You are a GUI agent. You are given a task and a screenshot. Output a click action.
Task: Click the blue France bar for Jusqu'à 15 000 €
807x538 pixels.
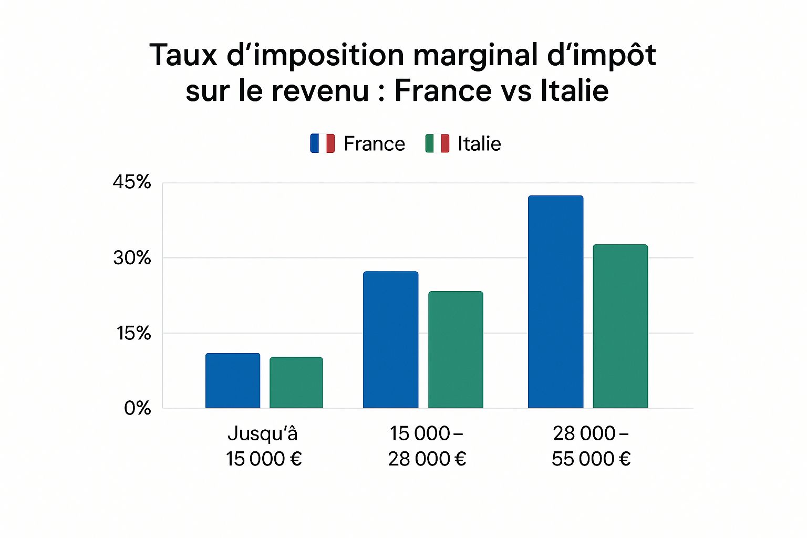point(233,380)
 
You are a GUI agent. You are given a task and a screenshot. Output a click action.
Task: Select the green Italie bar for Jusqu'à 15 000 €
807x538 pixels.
point(296,382)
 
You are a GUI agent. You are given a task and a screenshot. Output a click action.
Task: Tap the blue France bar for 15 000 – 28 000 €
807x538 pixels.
point(390,339)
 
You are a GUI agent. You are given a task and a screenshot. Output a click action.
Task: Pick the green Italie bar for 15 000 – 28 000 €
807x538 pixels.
point(456,349)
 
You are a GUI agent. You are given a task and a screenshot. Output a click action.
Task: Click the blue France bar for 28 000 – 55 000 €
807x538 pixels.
point(555,302)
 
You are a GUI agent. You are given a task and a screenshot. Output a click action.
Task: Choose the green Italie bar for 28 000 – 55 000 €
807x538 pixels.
point(620,326)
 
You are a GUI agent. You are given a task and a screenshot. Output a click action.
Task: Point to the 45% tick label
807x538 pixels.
point(131,182)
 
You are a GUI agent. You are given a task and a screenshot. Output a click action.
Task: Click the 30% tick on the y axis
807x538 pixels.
point(131,257)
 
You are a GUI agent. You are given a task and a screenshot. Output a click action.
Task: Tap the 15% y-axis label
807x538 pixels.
point(133,333)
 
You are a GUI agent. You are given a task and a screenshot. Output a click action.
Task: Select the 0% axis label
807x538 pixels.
point(137,408)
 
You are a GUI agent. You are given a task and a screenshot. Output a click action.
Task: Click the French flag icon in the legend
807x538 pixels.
point(322,143)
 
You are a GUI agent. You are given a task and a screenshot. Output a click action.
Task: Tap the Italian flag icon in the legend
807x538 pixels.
point(437,143)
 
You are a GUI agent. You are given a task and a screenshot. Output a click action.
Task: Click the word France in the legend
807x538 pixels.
point(374,144)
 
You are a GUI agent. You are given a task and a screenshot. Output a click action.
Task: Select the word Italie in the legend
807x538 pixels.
point(479,144)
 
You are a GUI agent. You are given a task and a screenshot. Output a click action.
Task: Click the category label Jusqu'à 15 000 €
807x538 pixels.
point(263,446)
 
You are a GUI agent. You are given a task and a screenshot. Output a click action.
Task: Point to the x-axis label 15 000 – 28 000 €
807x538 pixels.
point(427,446)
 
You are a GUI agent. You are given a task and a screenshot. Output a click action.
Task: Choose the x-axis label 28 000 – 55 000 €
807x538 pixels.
point(591,446)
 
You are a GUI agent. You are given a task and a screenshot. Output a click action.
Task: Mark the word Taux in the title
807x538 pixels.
point(183,55)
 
